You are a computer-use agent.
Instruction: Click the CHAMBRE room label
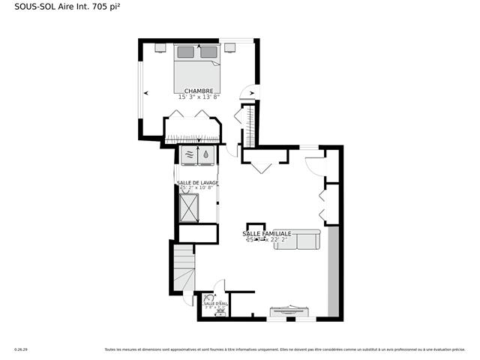[x=199, y=91]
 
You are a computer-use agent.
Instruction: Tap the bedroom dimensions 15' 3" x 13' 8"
[x=199, y=97]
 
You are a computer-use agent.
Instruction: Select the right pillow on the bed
[x=209, y=52]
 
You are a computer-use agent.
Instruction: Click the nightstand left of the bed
[x=160, y=47]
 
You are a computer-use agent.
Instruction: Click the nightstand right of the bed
[x=230, y=47]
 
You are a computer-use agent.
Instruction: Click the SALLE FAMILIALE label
[x=266, y=234]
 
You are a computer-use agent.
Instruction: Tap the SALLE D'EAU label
[x=214, y=303]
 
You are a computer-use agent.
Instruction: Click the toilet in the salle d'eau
[x=208, y=298]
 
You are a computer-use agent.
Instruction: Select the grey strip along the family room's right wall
[x=334, y=270]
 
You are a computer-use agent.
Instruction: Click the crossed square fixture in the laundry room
[x=190, y=208]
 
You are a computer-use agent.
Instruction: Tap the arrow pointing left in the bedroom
[x=145, y=93]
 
